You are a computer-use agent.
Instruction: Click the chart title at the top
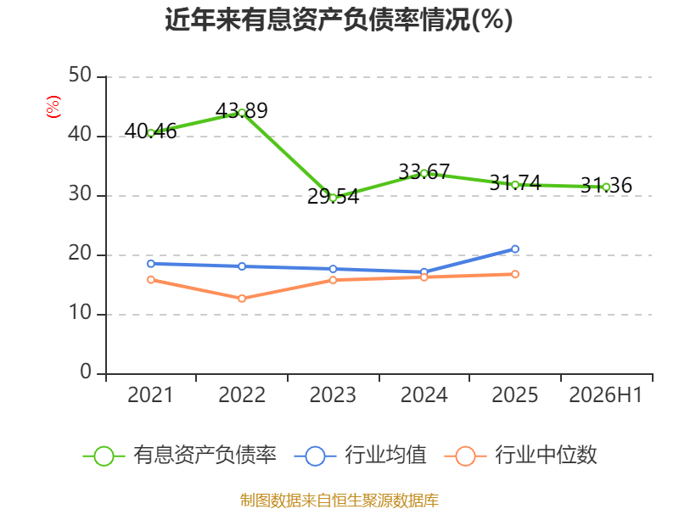point(339,20)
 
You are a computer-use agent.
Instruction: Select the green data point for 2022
point(242,113)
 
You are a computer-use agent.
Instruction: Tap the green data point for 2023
point(333,199)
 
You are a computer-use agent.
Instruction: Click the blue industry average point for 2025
point(515,249)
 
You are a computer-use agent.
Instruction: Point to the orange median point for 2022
point(242,299)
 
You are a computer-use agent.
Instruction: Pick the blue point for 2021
point(151,264)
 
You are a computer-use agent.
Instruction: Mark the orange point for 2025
point(515,274)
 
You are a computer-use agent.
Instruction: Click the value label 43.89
point(242,111)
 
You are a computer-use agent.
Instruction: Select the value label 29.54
point(333,197)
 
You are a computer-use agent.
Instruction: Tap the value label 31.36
point(606,185)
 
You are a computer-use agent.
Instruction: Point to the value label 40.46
point(151,131)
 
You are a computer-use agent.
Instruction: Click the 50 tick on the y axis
point(80,76)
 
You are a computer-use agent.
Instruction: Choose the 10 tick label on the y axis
point(80,313)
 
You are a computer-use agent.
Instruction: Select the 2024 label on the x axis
point(424,395)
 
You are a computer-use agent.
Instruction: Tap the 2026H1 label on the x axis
point(605,395)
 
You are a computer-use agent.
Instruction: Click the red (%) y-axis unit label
point(53,107)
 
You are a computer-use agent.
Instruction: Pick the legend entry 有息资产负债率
point(179,456)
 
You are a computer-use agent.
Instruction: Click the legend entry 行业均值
point(360,456)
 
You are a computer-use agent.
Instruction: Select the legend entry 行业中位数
point(520,456)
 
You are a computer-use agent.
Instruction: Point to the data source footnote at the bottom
point(339,501)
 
